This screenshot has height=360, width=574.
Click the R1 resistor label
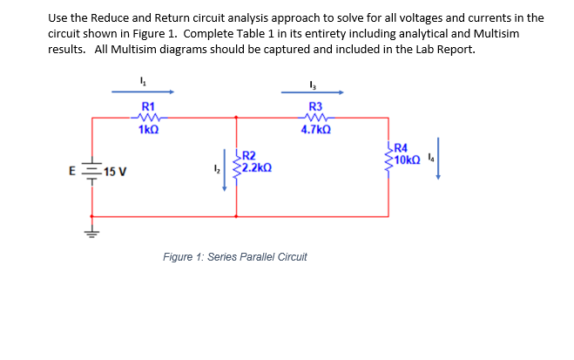coord(148,105)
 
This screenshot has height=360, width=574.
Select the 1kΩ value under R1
coord(148,129)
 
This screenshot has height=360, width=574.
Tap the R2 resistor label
coord(248,155)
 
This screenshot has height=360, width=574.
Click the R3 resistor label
coord(315,105)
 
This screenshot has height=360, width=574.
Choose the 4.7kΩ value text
coord(315,129)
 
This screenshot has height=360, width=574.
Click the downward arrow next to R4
coord(440,158)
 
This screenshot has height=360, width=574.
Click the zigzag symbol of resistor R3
coord(314,118)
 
